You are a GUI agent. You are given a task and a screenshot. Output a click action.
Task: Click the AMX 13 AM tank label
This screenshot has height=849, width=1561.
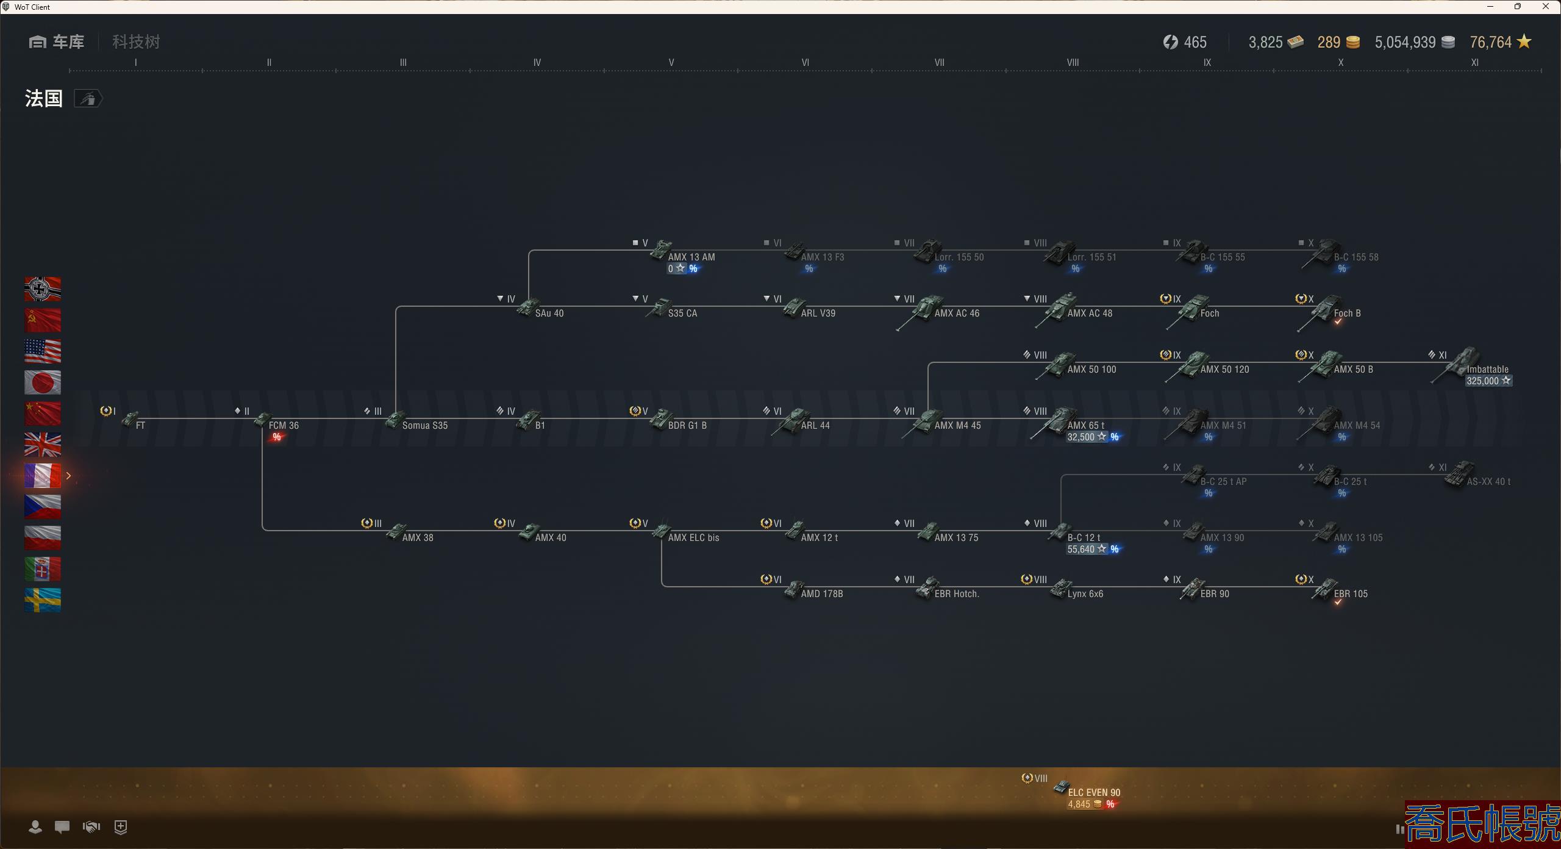691,257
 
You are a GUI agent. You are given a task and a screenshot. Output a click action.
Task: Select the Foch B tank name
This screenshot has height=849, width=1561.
1347,313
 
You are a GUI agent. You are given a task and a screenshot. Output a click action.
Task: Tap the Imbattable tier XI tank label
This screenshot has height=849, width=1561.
1487,370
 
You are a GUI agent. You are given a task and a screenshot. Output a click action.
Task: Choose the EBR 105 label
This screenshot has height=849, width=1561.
1351,594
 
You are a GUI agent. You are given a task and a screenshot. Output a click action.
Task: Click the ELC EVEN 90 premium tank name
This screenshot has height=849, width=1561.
1094,793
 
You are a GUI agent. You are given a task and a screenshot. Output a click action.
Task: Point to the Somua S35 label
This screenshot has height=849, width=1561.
424,426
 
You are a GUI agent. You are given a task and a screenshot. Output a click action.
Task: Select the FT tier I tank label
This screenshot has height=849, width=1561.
140,426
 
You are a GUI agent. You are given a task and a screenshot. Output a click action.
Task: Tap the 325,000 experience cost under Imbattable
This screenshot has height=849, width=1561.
1482,381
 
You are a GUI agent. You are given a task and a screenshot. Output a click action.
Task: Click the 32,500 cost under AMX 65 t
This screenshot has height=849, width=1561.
1081,437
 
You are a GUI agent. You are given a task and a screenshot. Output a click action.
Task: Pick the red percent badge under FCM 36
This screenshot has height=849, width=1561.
277,437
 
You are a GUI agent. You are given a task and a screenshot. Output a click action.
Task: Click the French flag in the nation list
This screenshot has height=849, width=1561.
43,476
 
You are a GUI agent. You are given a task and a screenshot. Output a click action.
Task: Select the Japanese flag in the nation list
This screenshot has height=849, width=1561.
43,382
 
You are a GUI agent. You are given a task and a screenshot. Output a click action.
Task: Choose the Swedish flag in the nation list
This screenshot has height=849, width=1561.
43,600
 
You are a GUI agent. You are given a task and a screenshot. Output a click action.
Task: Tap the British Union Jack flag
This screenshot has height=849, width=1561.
43,445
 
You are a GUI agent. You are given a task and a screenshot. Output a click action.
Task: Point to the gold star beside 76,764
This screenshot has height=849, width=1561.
1524,41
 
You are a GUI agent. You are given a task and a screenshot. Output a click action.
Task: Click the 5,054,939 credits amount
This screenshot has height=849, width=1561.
1405,42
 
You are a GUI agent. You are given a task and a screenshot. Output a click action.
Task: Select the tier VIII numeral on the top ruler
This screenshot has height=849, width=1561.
1073,63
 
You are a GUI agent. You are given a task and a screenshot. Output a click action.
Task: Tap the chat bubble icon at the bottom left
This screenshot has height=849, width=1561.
62,827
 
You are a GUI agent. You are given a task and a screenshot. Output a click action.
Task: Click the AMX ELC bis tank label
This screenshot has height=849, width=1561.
693,538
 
